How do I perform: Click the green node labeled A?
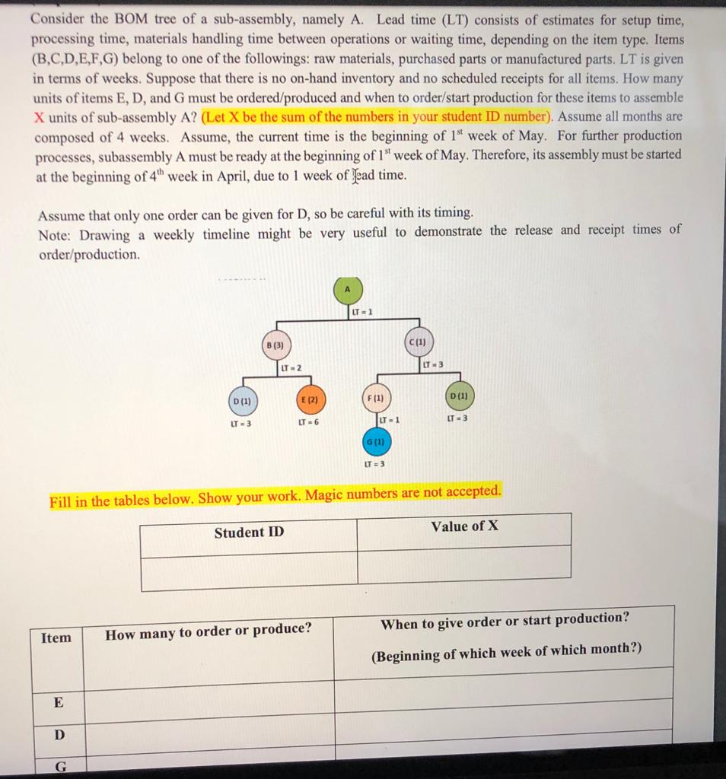pos(348,290)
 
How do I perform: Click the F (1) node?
pos(376,397)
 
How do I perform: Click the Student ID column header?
pos(249,532)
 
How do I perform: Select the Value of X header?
pos(464,526)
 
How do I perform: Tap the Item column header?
pos(56,638)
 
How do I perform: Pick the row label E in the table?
pos(58,702)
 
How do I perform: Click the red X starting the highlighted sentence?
pos(40,117)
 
